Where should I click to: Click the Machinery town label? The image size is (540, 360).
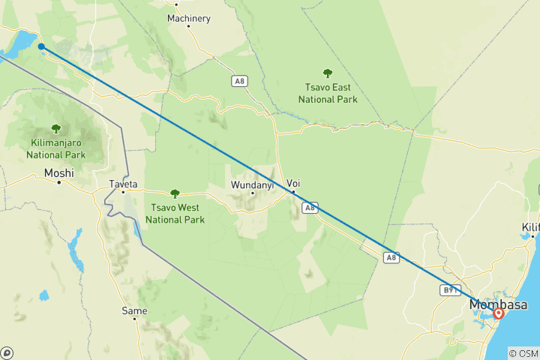point(188,17)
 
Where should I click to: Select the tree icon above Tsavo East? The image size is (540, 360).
point(327,73)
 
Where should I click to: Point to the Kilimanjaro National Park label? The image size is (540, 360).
point(55,148)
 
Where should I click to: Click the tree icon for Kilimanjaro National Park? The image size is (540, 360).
point(55,129)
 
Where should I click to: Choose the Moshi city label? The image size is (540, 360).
point(59,173)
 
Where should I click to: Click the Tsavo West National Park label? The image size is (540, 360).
point(175,214)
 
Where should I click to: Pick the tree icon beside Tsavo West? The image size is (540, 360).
point(175,193)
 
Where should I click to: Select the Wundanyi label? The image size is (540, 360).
point(252,184)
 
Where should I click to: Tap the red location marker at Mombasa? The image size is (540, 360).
point(498,314)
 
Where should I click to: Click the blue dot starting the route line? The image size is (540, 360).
point(41,46)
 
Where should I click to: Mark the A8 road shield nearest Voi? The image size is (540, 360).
point(310,208)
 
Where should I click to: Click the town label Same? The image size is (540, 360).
point(134,310)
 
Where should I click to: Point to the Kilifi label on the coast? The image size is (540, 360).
point(531,226)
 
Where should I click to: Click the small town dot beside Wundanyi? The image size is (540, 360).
point(252,193)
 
